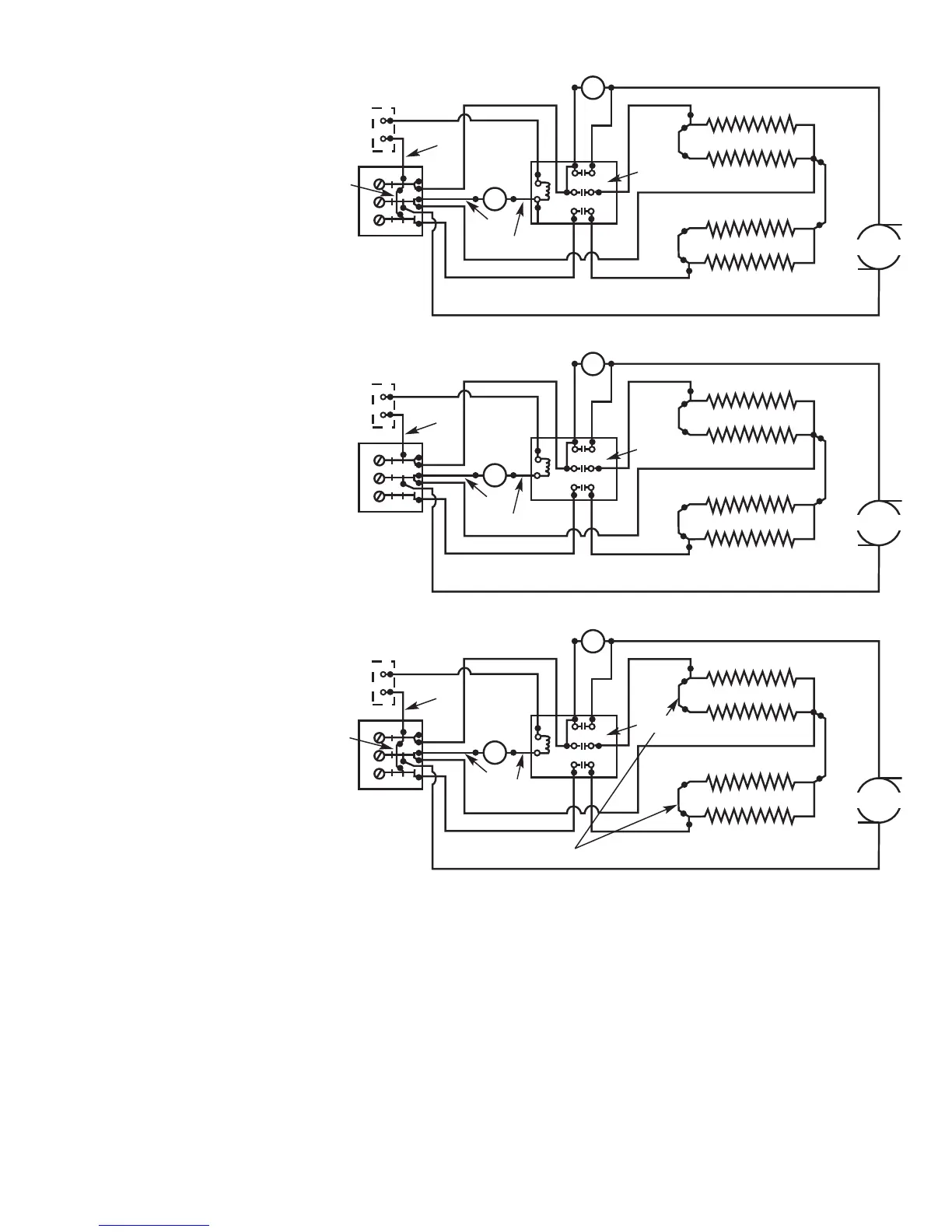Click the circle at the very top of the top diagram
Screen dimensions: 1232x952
[593, 88]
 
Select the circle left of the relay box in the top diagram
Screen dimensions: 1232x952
[495, 199]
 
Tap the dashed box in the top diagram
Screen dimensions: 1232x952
[383, 129]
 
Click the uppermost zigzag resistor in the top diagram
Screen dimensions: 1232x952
[750, 124]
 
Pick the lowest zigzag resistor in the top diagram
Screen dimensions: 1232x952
[750, 262]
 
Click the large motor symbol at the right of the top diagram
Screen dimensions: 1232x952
[879, 247]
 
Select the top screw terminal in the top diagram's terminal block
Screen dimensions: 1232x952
[379, 184]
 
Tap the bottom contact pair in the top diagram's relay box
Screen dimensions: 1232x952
[583, 211]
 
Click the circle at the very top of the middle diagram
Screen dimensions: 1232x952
[593, 363]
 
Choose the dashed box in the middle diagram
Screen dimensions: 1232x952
[383, 405]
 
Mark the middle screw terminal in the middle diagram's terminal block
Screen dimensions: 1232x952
[379, 477]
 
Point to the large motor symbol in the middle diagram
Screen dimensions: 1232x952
[879, 523]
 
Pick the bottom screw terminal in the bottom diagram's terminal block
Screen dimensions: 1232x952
[379, 773]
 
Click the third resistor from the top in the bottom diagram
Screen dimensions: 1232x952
[750, 781]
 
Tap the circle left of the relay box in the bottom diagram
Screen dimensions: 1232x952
[495, 753]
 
